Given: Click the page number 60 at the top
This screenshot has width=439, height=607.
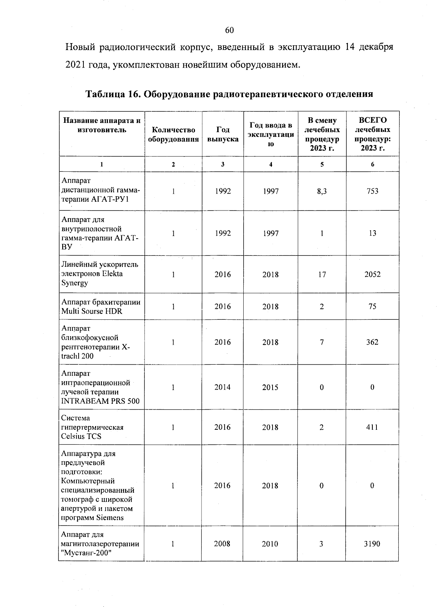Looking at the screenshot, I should [x=229, y=30].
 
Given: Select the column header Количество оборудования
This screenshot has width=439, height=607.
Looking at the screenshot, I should [x=173, y=134].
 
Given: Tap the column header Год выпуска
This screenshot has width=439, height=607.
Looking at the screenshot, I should [x=223, y=134].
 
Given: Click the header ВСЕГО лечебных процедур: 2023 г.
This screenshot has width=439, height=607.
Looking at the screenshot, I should [x=372, y=134].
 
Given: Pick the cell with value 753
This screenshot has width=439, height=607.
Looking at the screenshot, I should [x=372, y=191].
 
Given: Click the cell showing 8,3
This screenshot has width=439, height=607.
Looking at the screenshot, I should [x=322, y=191].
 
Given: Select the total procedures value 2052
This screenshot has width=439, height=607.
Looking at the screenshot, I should [x=372, y=274].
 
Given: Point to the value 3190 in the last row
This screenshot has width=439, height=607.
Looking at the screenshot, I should [x=372, y=544].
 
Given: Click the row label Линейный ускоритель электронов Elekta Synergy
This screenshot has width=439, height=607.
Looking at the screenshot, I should [x=100, y=274].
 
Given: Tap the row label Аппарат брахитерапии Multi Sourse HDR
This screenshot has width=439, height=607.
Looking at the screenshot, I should [x=101, y=307].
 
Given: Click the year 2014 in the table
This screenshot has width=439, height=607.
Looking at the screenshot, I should [x=222, y=387].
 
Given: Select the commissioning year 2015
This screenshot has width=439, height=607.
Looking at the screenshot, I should [x=270, y=387].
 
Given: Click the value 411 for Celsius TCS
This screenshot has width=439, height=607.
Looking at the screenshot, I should [x=372, y=427].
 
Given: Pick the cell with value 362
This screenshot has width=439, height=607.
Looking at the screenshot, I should [x=372, y=342].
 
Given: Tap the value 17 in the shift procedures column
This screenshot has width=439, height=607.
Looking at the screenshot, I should [x=322, y=274].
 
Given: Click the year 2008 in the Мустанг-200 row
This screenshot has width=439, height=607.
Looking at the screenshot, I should [x=222, y=544].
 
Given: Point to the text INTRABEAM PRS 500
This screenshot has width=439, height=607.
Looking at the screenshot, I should [x=100, y=401].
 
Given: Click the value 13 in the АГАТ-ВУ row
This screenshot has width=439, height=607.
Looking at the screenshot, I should [x=372, y=233].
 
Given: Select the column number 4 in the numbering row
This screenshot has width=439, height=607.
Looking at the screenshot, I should [x=271, y=164].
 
